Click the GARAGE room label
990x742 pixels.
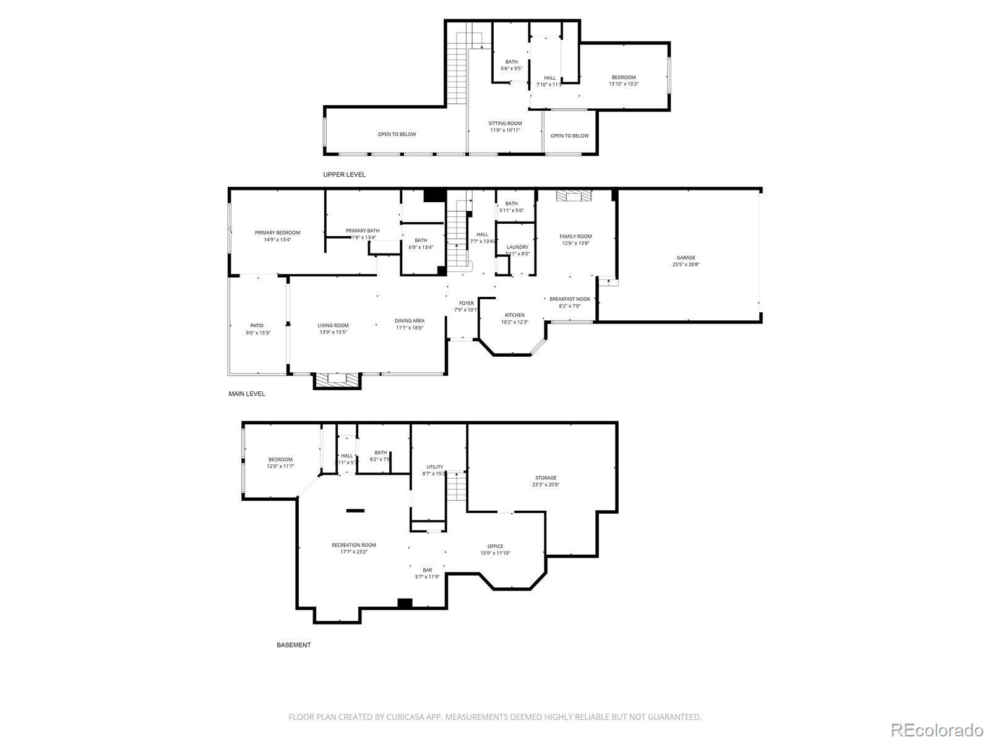tap(686, 258)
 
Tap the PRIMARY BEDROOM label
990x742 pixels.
tap(277, 232)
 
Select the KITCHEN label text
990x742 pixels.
tap(514, 315)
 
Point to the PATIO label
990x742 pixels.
tap(257, 325)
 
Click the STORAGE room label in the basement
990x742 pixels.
tap(546, 477)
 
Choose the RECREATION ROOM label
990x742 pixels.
tap(353, 545)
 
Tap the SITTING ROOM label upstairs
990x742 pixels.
tap(505, 123)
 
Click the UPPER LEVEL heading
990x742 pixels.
tap(344, 174)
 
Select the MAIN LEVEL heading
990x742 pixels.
tap(247, 393)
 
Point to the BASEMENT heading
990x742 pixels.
tap(293, 645)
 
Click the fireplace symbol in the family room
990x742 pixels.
tap(574, 196)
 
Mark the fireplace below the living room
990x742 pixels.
tap(337, 380)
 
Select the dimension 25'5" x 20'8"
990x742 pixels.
tap(686, 265)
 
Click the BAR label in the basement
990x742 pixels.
tap(427, 569)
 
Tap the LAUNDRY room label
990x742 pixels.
tap(517, 247)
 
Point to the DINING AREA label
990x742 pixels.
tap(410, 320)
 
